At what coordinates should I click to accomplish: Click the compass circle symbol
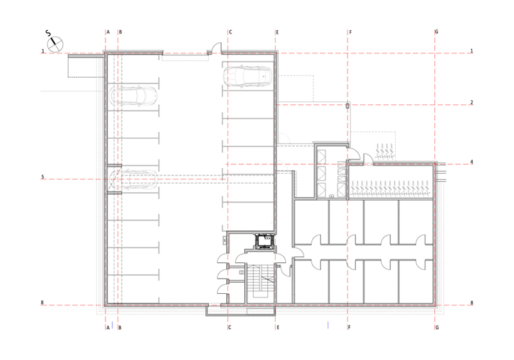[x=55, y=44]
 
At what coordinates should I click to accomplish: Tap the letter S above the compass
[x=48, y=33]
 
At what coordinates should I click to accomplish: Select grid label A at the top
[x=108, y=32]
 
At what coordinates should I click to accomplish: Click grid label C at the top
[x=231, y=32]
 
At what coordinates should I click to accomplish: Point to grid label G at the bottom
[x=437, y=328]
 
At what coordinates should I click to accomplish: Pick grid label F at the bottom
[x=350, y=328]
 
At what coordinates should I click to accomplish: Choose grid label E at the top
[x=278, y=32]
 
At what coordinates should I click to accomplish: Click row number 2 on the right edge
[x=472, y=103]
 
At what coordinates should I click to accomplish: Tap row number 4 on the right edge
[x=472, y=162]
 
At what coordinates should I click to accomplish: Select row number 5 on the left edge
[x=42, y=177]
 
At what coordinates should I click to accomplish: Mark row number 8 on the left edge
[x=42, y=303]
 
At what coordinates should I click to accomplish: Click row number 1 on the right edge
[x=472, y=51]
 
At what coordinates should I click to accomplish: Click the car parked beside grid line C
[x=247, y=76]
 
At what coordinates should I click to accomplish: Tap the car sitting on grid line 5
[x=133, y=179]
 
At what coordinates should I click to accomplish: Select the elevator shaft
[x=265, y=242]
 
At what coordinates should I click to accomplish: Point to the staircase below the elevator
[x=260, y=282]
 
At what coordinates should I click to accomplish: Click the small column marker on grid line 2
[x=348, y=105]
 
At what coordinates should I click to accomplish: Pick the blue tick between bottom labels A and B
[x=112, y=325]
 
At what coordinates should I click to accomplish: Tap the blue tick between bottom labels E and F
[x=328, y=325]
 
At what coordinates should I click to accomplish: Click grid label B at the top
[x=120, y=32]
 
